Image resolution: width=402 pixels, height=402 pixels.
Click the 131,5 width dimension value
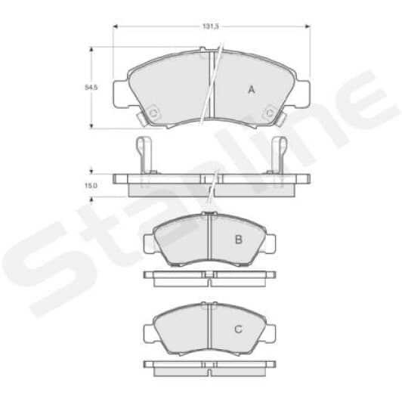(x=211, y=26)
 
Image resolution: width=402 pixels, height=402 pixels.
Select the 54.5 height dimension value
(x=91, y=88)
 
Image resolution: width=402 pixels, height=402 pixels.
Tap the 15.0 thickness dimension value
(x=91, y=185)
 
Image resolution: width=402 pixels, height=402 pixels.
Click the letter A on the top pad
(x=252, y=90)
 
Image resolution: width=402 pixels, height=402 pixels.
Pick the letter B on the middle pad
(x=239, y=240)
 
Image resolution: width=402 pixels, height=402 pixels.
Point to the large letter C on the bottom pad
(x=239, y=329)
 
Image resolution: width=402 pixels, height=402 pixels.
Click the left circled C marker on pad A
(x=153, y=113)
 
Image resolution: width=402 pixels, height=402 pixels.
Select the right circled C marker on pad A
(x=270, y=113)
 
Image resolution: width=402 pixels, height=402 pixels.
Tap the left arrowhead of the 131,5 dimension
(x=115, y=26)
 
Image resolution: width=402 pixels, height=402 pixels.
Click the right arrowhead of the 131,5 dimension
(x=308, y=26)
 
